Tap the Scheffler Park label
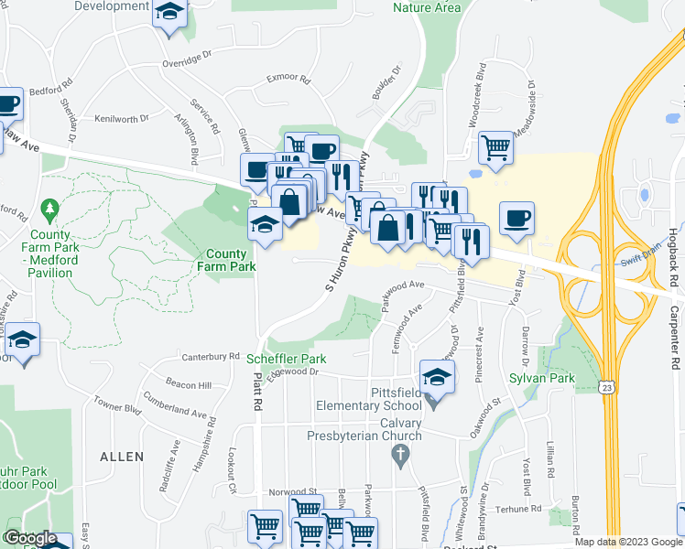coord(287,359)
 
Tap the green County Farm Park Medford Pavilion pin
coord(50,211)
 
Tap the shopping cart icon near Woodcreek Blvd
coord(495,146)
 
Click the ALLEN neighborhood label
coord(122,457)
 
